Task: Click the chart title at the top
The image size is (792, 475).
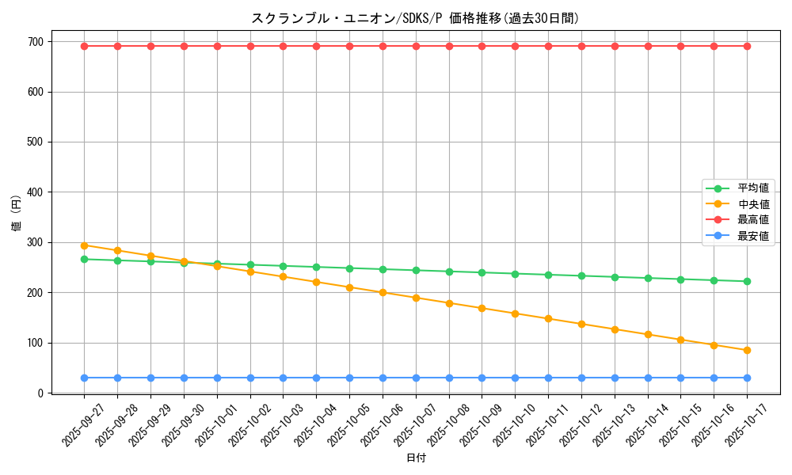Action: pyautogui.click(x=415, y=18)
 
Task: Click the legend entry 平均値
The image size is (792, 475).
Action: pyautogui.click(x=752, y=188)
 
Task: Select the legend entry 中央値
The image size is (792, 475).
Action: pyautogui.click(x=752, y=204)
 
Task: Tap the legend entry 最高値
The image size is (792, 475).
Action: pyautogui.click(x=752, y=219)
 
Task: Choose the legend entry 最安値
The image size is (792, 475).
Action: pyautogui.click(x=752, y=235)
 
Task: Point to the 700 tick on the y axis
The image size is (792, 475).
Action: pyautogui.click(x=36, y=42)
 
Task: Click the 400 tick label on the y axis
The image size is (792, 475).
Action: pyautogui.click(x=36, y=192)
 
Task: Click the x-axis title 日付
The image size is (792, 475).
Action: pyautogui.click(x=415, y=458)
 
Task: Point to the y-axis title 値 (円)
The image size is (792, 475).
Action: pyautogui.click(x=17, y=214)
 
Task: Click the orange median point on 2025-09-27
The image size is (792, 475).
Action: pyautogui.click(x=85, y=245)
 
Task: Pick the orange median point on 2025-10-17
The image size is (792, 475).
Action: pyautogui.click(x=747, y=350)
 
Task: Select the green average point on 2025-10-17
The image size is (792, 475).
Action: pyautogui.click(x=747, y=281)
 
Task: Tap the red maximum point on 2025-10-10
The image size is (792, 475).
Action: pyautogui.click(x=515, y=46)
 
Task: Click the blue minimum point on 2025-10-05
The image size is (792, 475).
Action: pyautogui.click(x=349, y=378)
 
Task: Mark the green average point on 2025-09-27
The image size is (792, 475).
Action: pyautogui.click(x=85, y=259)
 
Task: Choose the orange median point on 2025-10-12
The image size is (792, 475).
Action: pyautogui.click(x=581, y=324)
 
